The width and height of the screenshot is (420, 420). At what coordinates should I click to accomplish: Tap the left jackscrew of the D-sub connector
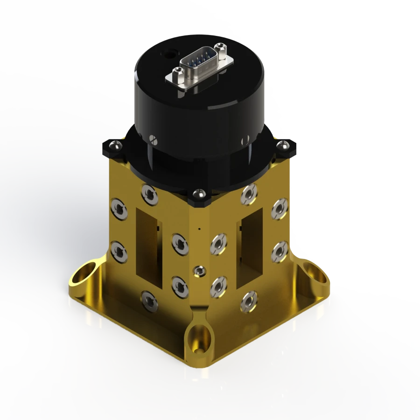tap(177, 73)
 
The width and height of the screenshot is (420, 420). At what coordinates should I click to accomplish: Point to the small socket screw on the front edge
tap(199, 270)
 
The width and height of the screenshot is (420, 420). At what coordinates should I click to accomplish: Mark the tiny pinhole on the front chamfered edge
tap(199, 229)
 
